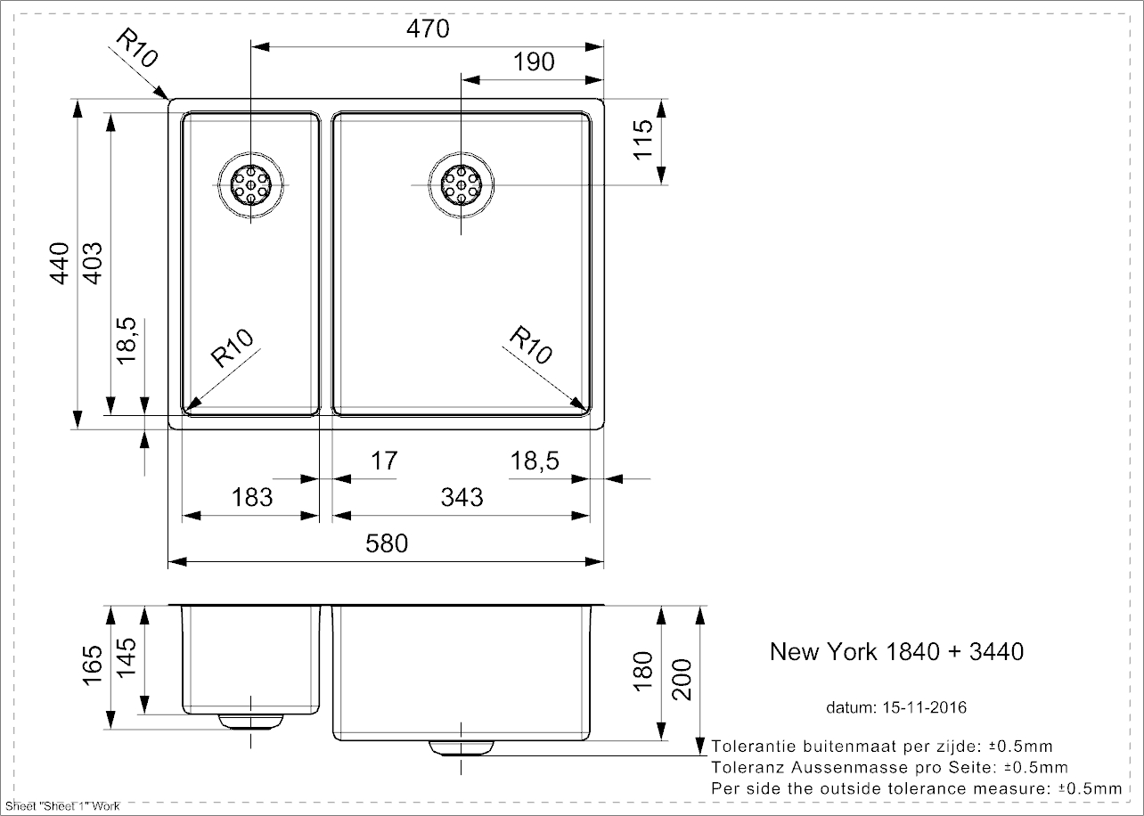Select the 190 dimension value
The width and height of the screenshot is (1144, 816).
(534, 61)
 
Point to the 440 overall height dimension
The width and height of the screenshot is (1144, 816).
(59, 263)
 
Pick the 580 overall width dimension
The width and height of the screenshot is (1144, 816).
(387, 543)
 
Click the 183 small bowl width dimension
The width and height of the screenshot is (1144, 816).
(251, 496)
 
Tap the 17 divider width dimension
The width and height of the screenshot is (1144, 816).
(383, 461)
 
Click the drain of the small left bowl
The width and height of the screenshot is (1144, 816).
(251, 184)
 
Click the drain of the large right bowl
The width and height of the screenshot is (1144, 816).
(461, 184)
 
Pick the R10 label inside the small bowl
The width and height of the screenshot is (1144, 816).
(233, 348)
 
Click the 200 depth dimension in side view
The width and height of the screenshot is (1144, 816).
(682, 679)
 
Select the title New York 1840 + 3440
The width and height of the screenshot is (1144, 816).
(896, 652)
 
